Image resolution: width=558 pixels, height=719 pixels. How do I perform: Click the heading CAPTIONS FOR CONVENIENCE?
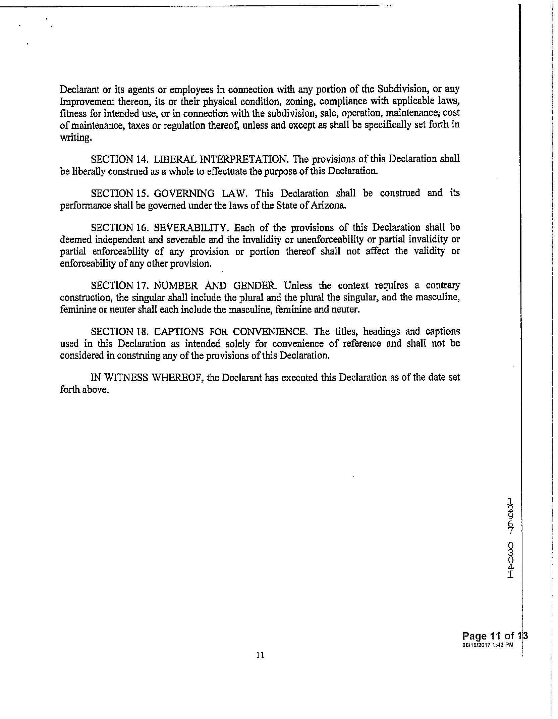pyautogui.click(x=231, y=332)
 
